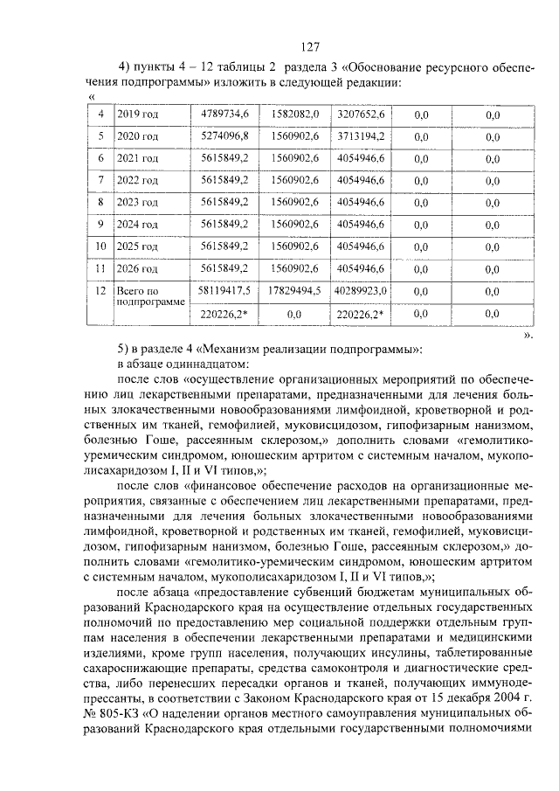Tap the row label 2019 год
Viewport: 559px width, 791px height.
(x=137, y=114)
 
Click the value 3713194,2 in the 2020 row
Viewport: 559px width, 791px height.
(x=362, y=136)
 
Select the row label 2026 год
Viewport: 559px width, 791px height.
(x=137, y=268)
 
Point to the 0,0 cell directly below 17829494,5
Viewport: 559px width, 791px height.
(x=293, y=312)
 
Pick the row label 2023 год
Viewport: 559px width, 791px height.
(x=137, y=203)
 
